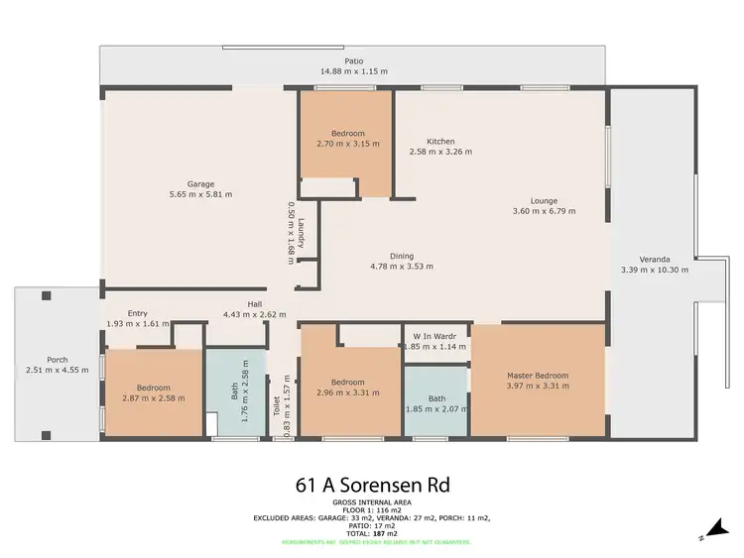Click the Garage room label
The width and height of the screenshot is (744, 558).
tap(200, 183)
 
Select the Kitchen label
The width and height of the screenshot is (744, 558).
tap(440, 141)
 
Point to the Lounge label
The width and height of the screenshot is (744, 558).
tap(543, 200)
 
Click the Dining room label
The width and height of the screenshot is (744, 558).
tap(401, 255)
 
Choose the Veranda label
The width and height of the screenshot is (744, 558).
tap(654, 259)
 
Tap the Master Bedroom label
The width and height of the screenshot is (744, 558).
tap(538, 376)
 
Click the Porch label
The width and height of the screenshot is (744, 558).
tap(58, 360)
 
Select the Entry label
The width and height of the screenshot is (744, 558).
tap(137, 313)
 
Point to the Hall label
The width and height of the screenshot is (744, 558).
tap(255, 304)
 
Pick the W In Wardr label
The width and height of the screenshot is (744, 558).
tap(434, 335)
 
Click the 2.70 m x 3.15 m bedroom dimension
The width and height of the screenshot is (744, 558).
tap(348, 145)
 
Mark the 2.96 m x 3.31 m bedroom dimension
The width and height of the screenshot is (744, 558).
tap(348, 393)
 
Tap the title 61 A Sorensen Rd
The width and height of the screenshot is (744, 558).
tap(372, 486)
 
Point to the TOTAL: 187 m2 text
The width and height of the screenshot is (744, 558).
tap(372, 532)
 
